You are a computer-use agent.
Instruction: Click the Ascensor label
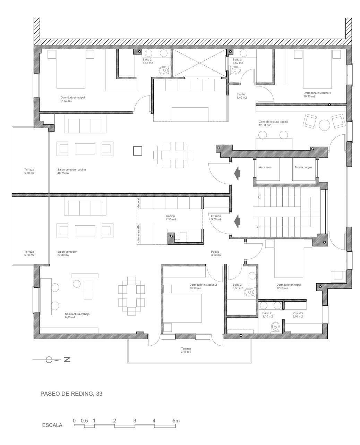265,167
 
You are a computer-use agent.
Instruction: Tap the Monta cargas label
303,167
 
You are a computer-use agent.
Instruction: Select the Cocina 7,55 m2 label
171,218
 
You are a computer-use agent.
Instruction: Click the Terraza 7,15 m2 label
186,350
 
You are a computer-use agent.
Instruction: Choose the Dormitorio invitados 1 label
317,95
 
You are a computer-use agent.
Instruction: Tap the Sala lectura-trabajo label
77,315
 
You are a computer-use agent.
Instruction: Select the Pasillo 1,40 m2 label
242,96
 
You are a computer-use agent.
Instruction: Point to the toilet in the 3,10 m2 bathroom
276,327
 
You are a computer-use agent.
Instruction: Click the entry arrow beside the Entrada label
238,220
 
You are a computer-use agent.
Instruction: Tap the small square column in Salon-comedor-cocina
137,151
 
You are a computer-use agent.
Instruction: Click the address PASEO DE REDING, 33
72,394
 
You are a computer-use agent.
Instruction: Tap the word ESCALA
52,425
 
